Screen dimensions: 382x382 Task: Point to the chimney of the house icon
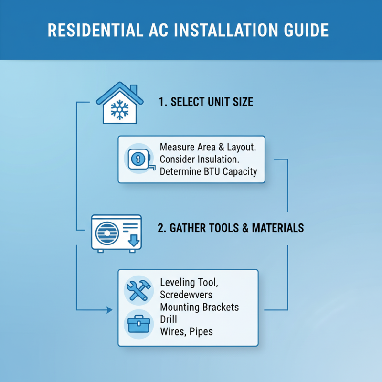[x=133, y=90]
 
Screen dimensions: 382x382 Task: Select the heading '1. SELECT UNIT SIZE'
[x=206, y=102]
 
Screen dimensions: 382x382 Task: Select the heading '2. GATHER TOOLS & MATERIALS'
[x=231, y=228]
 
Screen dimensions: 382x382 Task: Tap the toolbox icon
[x=138, y=324]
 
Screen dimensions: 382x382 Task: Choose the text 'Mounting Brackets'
[x=200, y=307]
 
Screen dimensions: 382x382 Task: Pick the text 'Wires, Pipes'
[x=187, y=331]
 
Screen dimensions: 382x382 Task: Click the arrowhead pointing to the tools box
[x=110, y=310]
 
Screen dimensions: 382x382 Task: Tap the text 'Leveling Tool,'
[x=190, y=283]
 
